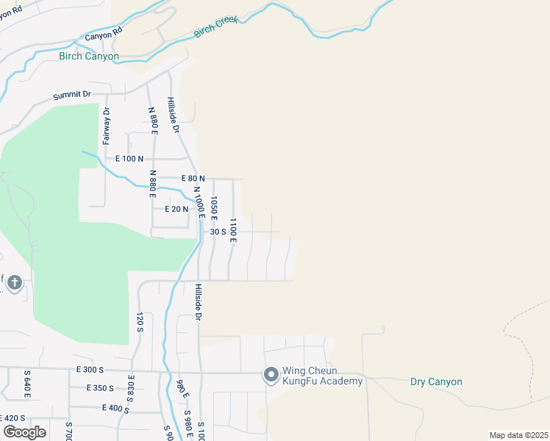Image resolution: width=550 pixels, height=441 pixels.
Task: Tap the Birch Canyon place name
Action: point(89,57)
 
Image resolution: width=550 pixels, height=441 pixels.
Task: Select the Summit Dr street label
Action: point(71,95)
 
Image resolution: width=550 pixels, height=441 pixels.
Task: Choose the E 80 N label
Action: point(193,179)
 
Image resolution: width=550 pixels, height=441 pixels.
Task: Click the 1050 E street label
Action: point(214,208)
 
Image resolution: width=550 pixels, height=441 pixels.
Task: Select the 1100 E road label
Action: point(233,230)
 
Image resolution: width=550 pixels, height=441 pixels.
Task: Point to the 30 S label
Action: point(218,231)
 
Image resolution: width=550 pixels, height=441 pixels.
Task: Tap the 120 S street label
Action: point(138,322)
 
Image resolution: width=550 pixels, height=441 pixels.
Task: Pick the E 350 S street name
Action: point(100,388)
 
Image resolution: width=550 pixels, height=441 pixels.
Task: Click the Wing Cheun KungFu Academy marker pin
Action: point(271,376)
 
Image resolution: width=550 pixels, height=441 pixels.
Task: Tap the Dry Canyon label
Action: point(436,381)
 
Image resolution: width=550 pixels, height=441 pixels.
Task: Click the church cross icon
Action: point(16,282)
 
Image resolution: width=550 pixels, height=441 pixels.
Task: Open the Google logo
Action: point(24,431)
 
